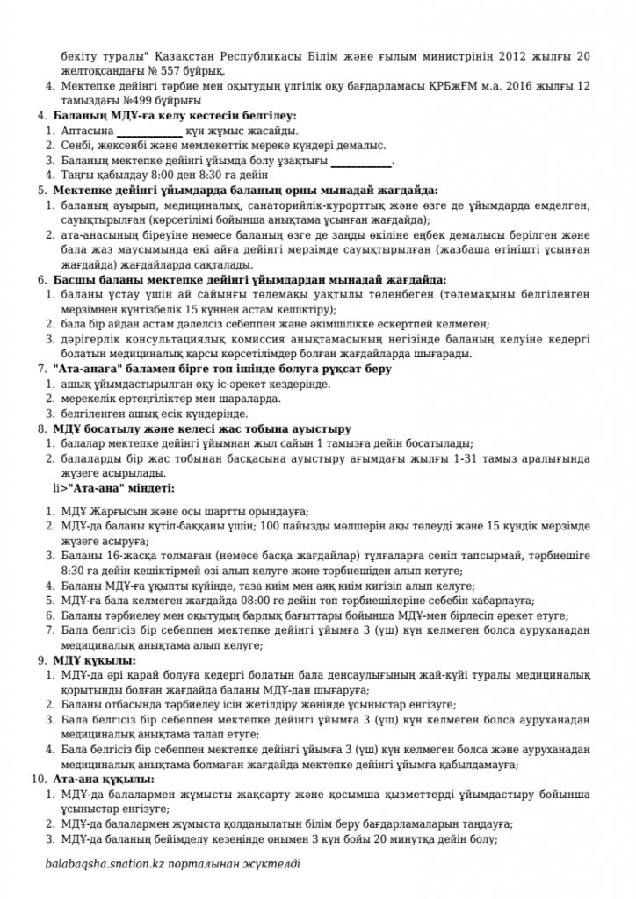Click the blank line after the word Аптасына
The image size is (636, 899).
[152, 131]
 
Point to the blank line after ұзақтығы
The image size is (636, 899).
[361, 161]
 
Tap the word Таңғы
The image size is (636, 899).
[79, 176]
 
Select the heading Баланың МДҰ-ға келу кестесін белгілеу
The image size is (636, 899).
[175, 116]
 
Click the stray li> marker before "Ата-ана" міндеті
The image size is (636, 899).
[59, 486]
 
